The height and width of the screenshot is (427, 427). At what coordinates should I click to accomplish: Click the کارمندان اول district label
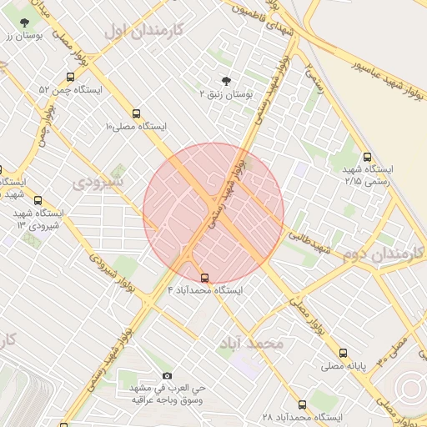(144, 31)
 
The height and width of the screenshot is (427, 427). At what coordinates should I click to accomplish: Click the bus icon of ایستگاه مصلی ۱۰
(137, 113)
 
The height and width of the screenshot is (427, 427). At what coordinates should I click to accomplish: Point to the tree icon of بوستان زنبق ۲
(226, 82)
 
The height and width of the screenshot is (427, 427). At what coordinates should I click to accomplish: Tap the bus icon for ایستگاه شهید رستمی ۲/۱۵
(368, 156)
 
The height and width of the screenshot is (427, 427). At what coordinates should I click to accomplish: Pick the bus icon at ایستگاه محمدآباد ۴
(205, 278)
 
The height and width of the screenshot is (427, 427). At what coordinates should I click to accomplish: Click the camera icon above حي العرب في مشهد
(167, 376)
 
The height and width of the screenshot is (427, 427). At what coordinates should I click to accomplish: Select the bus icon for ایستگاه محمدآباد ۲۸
(302, 404)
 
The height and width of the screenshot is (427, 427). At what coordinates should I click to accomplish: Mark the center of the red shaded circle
(213, 213)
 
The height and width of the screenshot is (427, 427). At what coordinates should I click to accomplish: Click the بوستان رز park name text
(23, 35)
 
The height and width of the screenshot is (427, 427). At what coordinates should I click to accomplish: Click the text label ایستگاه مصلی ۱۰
(136, 127)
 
